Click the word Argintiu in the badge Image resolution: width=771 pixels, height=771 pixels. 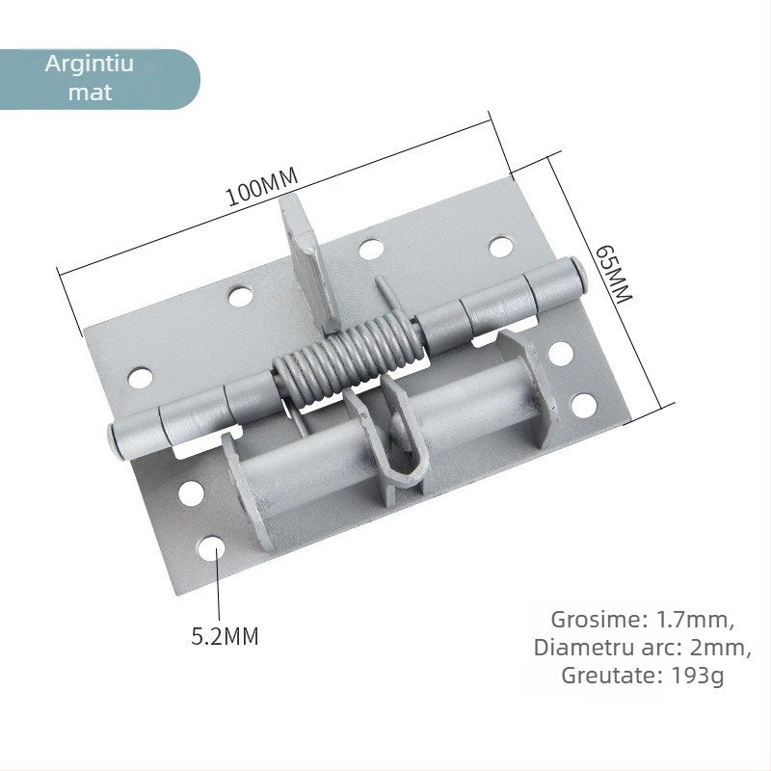(x=90, y=66)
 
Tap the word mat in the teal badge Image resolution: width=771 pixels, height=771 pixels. (x=90, y=93)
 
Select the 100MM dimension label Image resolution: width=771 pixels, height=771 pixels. (x=262, y=187)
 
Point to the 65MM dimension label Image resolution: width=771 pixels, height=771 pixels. (x=612, y=274)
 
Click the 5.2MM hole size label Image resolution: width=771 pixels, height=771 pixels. (x=226, y=636)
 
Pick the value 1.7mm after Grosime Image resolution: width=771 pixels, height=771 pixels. (x=691, y=619)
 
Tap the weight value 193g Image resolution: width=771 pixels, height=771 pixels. (x=697, y=676)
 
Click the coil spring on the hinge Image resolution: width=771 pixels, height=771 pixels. (x=347, y=358)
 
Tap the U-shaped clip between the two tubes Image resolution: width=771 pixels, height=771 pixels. (x=399, y=442)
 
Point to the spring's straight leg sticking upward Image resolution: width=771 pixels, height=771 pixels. (x=382, y=294)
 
